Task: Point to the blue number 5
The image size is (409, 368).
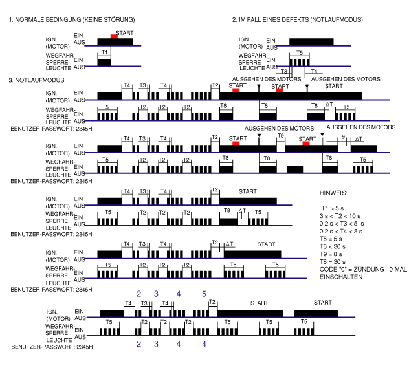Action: tap(204, 294)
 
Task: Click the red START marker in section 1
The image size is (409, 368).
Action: tap(114, 36)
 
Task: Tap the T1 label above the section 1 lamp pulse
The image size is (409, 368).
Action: tap(104, 52)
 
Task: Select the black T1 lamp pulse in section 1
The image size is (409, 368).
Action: tap(104, 62)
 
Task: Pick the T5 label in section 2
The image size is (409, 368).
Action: tap(298, 52)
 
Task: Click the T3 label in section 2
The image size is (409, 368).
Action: tap(283, 71)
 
